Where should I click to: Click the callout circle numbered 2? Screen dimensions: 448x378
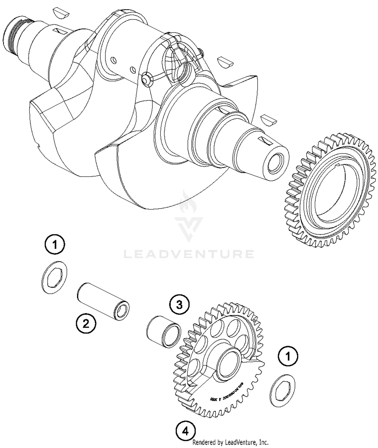pos(86,323)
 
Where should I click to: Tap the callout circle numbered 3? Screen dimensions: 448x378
pos(179,305)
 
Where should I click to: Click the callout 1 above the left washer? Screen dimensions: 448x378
pos(55,244)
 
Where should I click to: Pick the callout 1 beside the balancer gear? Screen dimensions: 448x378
pos(288,356)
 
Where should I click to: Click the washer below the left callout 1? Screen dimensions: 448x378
pos(54,277)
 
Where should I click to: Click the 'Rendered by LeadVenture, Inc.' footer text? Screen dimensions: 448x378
pos(230,442)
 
